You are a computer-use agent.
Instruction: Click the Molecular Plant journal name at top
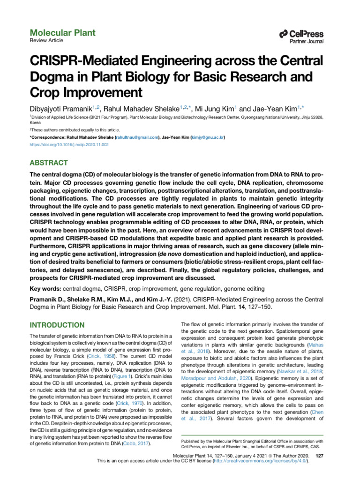pyautogui.click(x=62, y=33)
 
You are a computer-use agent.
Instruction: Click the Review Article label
pyautogui.click(x=47, y=41)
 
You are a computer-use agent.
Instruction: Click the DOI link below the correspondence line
pyautogui.click(x=69, y=145)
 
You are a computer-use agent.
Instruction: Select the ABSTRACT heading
pyautogui.click(x=49, y=163)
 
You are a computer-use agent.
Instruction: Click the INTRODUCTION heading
pyautogui.click(x=57, y=325)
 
